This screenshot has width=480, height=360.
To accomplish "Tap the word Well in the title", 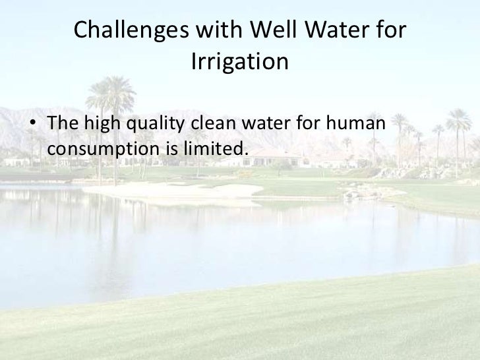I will pos(268,30).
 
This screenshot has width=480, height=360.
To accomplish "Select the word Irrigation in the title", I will pos(239,63).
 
